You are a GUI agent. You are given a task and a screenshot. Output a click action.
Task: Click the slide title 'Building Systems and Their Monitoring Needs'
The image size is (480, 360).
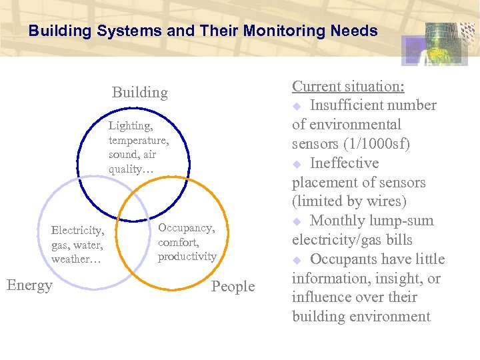point(203,31)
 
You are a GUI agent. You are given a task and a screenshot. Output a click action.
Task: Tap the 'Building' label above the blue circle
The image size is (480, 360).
point(139,92)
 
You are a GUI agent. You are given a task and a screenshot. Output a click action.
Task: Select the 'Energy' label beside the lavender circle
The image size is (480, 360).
point(29,285)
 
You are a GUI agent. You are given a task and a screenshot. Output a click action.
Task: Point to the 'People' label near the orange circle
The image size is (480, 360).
point(233,287)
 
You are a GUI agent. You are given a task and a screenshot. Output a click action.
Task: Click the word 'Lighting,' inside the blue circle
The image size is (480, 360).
point(131,125)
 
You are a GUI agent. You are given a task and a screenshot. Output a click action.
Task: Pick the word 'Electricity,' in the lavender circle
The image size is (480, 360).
point(78,231)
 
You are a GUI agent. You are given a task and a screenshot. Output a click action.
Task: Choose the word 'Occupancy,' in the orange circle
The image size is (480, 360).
point(186,228)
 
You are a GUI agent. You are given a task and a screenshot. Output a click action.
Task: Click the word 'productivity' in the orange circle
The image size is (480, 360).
point(187,256)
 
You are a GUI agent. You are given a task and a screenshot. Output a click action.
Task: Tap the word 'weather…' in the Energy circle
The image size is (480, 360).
point(76,259)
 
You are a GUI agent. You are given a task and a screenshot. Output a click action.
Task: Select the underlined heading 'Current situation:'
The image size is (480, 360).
point(349,87)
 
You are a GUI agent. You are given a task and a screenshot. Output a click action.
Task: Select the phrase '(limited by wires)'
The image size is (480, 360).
point(349,201)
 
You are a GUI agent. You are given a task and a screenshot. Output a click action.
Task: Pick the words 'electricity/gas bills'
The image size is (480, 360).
point(352,240)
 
